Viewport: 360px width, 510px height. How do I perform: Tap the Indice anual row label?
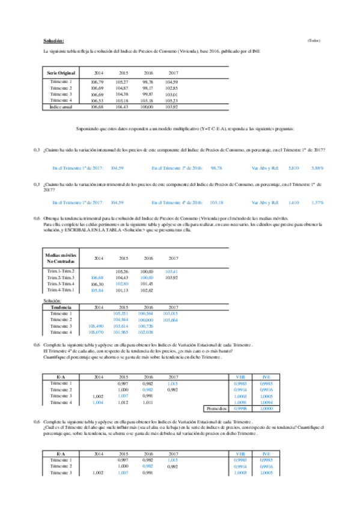pos(60,106)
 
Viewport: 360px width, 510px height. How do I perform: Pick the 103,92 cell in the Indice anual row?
pos(171,106)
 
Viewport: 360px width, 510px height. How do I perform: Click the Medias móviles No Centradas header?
pos(61,258)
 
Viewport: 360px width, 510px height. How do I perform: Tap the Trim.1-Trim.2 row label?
pos(60,272)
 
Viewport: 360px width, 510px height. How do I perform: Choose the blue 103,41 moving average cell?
pos(171,272)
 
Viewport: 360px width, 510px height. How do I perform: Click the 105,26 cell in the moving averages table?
pos(122,272)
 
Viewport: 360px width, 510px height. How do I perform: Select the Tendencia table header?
pos(60,307)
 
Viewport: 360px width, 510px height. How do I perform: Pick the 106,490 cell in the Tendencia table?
pos(96,325)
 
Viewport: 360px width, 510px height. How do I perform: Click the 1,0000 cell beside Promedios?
pos(265,408)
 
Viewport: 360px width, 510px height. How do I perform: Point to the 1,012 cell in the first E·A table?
pos(122,402)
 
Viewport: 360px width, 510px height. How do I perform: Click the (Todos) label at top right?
pos(313,40)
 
